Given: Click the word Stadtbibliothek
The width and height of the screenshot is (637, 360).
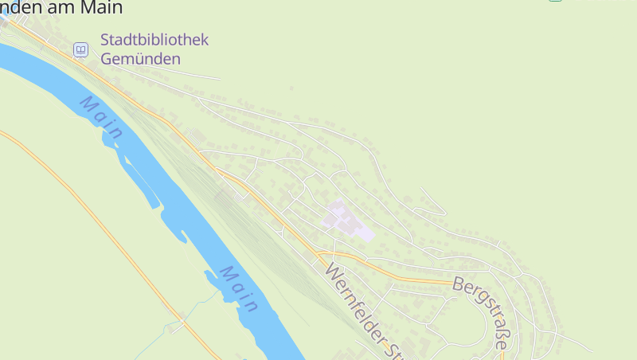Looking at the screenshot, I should pos(154,40).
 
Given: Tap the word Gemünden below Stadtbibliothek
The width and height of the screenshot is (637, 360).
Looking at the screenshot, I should pos(141,59).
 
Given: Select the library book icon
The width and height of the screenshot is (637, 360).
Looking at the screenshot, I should pos(80,49).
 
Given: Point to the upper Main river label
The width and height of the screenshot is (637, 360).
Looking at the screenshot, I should pos(102,118).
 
